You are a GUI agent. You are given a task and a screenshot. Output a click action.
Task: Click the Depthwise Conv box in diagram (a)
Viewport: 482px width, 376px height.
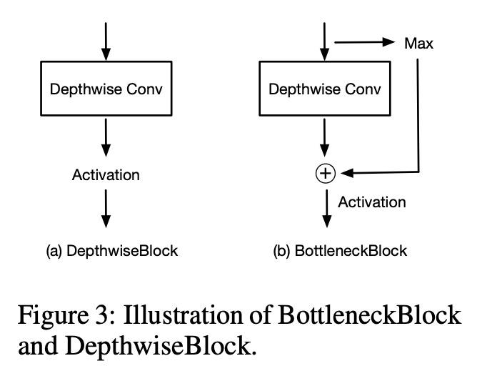pyautogui.click(x=106, y=89)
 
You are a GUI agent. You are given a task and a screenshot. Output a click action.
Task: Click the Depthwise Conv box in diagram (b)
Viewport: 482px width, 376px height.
pyautogui.click(x=325, y=89)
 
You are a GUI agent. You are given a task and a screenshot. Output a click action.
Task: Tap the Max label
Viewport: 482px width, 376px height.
pyautogui.click(x=418, y=43)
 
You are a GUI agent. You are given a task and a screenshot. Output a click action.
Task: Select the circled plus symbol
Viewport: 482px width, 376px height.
pyautogui.click(x=326, y=173)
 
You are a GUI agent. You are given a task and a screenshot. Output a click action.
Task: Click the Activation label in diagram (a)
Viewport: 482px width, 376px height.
pyautogui.click(x=106, y=174)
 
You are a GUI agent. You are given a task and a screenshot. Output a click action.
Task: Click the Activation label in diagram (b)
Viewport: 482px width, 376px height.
pyautogui.click(x=371, y=202)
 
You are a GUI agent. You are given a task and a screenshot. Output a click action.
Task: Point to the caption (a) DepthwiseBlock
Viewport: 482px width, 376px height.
pyautogui.click(x=111, y=251)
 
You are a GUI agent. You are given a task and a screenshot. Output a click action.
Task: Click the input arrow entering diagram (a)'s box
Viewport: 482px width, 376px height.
pyautogui.click(x=106, y=41)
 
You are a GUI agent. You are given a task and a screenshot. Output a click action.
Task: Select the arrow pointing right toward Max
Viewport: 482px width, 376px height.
pyautogui.click(x=364, y=43)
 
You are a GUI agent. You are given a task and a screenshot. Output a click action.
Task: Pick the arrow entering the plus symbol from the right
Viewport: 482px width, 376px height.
pyautogui.click(x=378, y=172)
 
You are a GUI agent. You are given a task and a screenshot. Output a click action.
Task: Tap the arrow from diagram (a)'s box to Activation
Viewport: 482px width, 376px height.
pyautogui.click(x=106, y=137)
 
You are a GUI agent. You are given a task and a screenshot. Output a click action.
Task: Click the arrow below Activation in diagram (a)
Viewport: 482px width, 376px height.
pyautogui.click(x=106, y=209)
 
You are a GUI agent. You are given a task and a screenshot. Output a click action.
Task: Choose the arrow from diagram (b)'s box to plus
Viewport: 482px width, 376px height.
pyautogui.click(x=326, y=139)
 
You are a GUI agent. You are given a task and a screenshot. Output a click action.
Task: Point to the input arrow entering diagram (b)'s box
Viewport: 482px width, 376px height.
pyautogui.click(x=326, y=41)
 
